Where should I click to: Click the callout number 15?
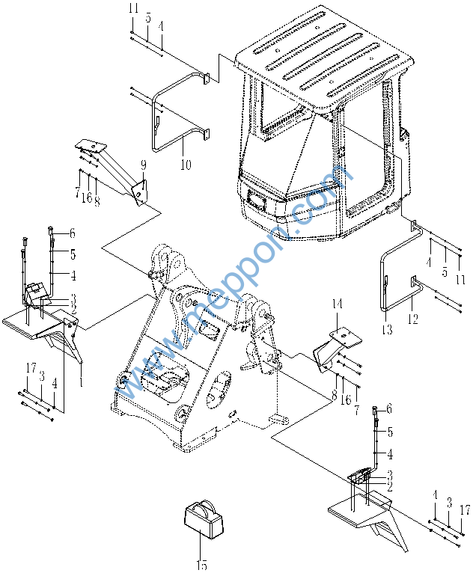click(201, 565)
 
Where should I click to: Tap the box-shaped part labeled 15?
click(204, 518)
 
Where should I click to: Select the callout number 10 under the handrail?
click(186, 165)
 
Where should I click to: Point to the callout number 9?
click(143, 165)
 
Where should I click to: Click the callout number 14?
click(337, 304)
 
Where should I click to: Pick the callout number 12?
click(412, 319)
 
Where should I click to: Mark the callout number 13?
click(387, 330)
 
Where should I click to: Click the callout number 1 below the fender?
click(81, 382)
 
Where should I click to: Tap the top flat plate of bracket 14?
click(346, 337)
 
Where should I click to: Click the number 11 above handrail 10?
click(133, 7)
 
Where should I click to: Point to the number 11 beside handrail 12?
click(460, 279)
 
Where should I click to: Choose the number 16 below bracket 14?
click(346, 399)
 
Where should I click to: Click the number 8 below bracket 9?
click(97, 200)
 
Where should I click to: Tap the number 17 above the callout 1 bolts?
click(31, 367)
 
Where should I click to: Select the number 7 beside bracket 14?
click(357, 410)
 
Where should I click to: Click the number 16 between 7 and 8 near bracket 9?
click(87, 197)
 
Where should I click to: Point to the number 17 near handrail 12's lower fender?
click(465, 509)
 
